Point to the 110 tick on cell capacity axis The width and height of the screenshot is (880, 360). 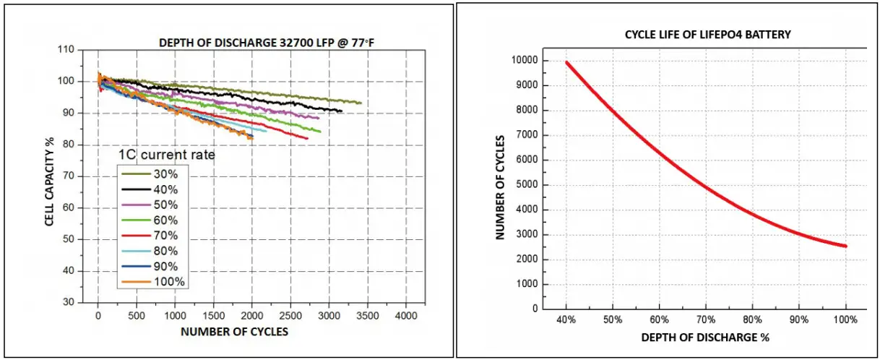(x=66, y=49)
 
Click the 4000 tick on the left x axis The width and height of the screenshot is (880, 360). (x=405, y=315)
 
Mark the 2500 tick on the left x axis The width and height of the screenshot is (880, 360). (x=290, y=315)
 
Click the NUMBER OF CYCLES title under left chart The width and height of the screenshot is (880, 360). (x=234, y=332)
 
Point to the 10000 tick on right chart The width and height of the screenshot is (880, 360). (x=531, y=61)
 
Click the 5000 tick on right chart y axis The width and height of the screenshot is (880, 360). (x=533, y=185)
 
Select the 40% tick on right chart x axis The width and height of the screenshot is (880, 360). (x=567, y=320)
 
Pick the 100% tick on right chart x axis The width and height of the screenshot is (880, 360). (x=845, y=320)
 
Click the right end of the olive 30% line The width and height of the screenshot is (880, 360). (x=360, y=103)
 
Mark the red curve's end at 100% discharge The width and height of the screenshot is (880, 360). (x=845, y=246)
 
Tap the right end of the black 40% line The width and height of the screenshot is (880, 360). (x=341, y=111)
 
